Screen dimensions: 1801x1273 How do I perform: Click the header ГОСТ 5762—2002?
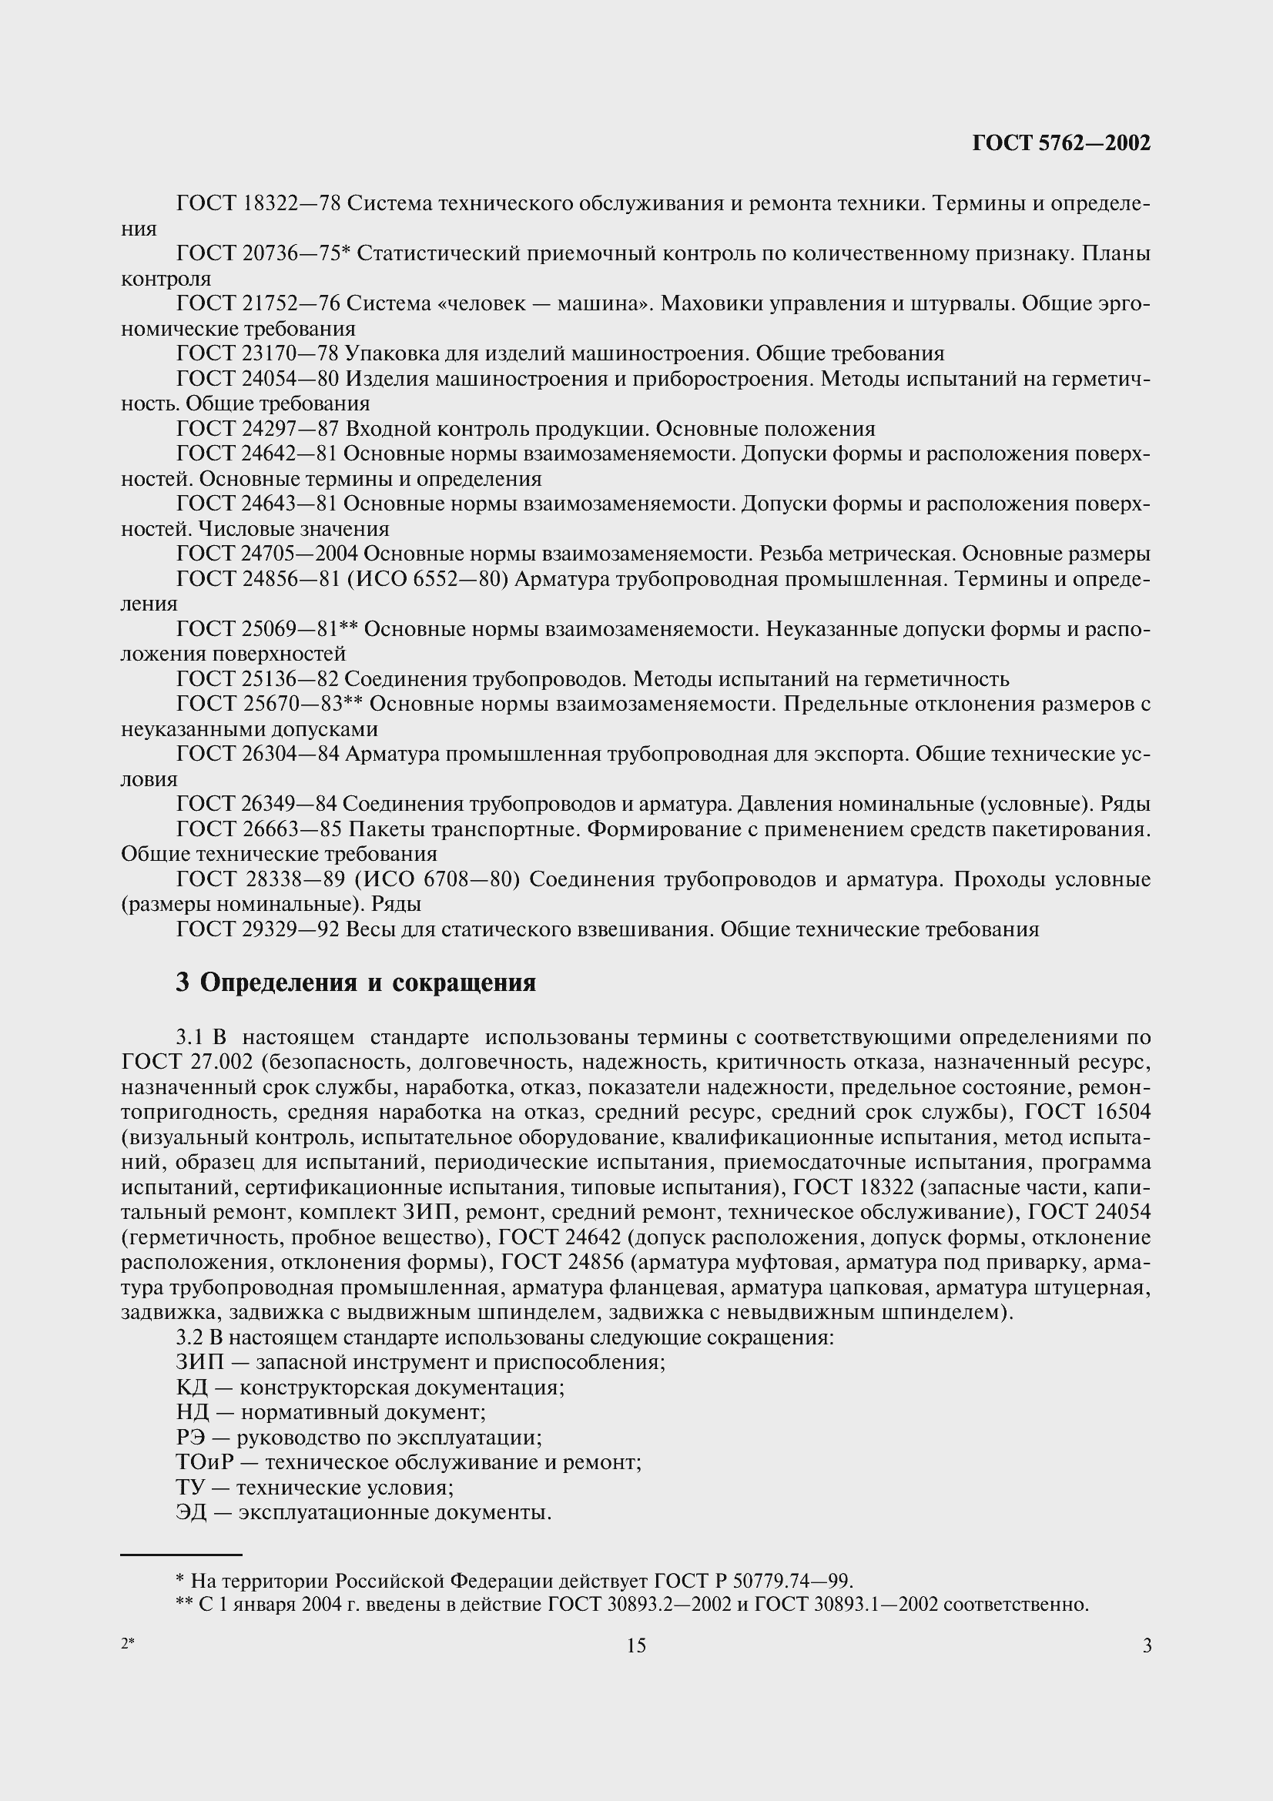pos(1061,142)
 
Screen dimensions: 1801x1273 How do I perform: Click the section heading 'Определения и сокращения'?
pos(367,983)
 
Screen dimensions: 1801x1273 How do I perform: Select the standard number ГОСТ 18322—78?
pos(258,204)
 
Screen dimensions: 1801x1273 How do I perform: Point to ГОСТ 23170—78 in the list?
pos(256,353)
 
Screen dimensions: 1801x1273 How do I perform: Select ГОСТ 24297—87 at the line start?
pos(256,428)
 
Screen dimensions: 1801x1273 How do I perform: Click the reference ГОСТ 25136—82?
pos(256,678)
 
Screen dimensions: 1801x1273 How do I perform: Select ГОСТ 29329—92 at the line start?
pos(256,929)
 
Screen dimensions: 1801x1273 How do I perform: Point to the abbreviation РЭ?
pos(190,1438)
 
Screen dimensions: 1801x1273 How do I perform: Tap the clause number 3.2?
pos(189,1337)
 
